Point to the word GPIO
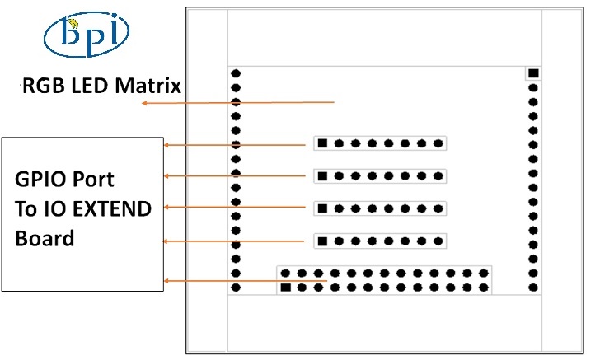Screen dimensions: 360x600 pyautogui.click(x=38, y=179)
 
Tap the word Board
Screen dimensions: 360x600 pyautogui.click(x=45, y=239)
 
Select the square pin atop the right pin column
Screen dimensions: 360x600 pyautogui.click(x=533, y=73)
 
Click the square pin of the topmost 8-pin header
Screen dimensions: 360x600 pyautogui.click(x=322, y=144)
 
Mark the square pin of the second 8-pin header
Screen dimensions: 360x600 pyautogui.click(x=322, y=176)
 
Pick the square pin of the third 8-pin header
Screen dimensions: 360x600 pyautogui.click(x=322, y=208)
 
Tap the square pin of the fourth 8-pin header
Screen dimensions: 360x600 pyautogui.click(x=322, y=241)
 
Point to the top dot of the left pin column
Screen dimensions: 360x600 pyautogui.click(x=236, y=73)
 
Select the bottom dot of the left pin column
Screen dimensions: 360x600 pyautogui.click(x=236, y=288)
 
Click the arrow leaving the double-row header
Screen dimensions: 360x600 pyautogui.click(x=247, y=282)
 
